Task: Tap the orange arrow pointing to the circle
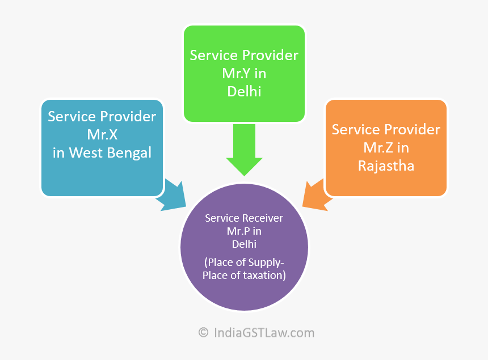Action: coord(315,196)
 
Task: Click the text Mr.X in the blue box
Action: coord(102,134)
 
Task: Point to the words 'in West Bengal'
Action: coord(102,153)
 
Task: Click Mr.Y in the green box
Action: coord(244,73)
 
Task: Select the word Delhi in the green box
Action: coord(244,91)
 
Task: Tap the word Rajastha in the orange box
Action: coord(386,166)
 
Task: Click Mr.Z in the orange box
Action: coord(386,147)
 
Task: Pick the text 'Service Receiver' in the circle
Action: coord(244,218)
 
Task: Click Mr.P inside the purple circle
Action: coord(244,231)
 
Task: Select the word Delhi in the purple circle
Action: coord(244,244)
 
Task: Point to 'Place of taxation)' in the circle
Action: coord(244,276)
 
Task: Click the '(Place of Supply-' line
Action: coord(244,262)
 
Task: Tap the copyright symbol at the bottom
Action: coord(203,333)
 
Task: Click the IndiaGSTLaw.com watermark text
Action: coord(264,333)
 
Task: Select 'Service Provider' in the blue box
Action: coord(102,116)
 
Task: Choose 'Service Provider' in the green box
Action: coord(244,55)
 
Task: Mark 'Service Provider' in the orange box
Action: coord(386,129)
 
